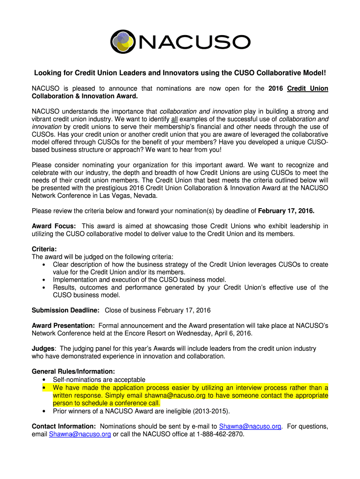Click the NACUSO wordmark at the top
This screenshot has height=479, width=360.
click(193, 43)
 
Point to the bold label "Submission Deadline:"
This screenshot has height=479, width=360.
click(65, 310)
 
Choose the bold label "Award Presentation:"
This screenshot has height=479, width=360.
click(64, 326)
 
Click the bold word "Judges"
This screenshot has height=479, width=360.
click(43, 348)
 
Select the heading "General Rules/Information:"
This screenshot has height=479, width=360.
click(73, 371)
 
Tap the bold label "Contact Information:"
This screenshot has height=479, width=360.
click(64, 426)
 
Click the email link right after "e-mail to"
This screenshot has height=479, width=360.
click(250, 426)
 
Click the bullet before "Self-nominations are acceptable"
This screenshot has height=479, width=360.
click(44, 380)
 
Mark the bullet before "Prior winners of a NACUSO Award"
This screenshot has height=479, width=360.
click(44, 411)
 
